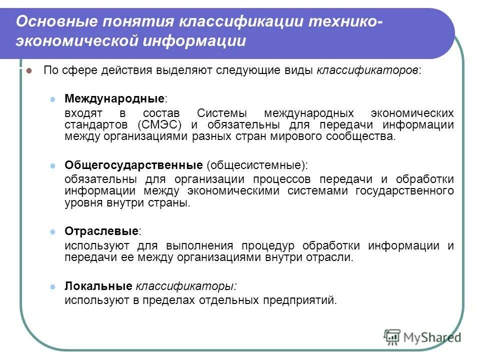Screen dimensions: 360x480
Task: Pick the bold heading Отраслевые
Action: click(x=101, y=231)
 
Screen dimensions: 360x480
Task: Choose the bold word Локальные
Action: click(x=98, y=286)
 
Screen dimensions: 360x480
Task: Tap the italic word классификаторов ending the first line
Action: click(x=367, y=70)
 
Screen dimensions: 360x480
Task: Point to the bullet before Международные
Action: click(x=53, y=98)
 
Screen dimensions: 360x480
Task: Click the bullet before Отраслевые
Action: click(x=53, y=231)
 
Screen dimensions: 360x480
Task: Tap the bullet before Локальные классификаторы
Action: click(x=53, y=287)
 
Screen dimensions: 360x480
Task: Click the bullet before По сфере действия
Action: click(x=29, y=71)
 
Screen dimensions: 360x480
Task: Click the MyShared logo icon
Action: click(x=392, y=337)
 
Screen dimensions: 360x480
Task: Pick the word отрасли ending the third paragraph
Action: click(x=336, y=257)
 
